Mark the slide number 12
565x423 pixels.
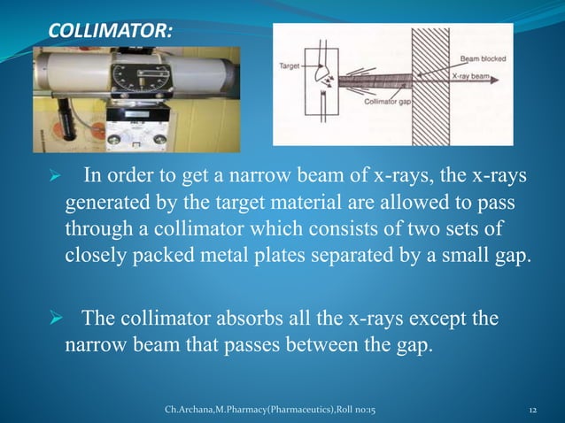[533, 411]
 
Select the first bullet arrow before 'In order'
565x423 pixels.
[53, 181]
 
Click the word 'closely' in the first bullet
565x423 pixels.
[97, 257]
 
